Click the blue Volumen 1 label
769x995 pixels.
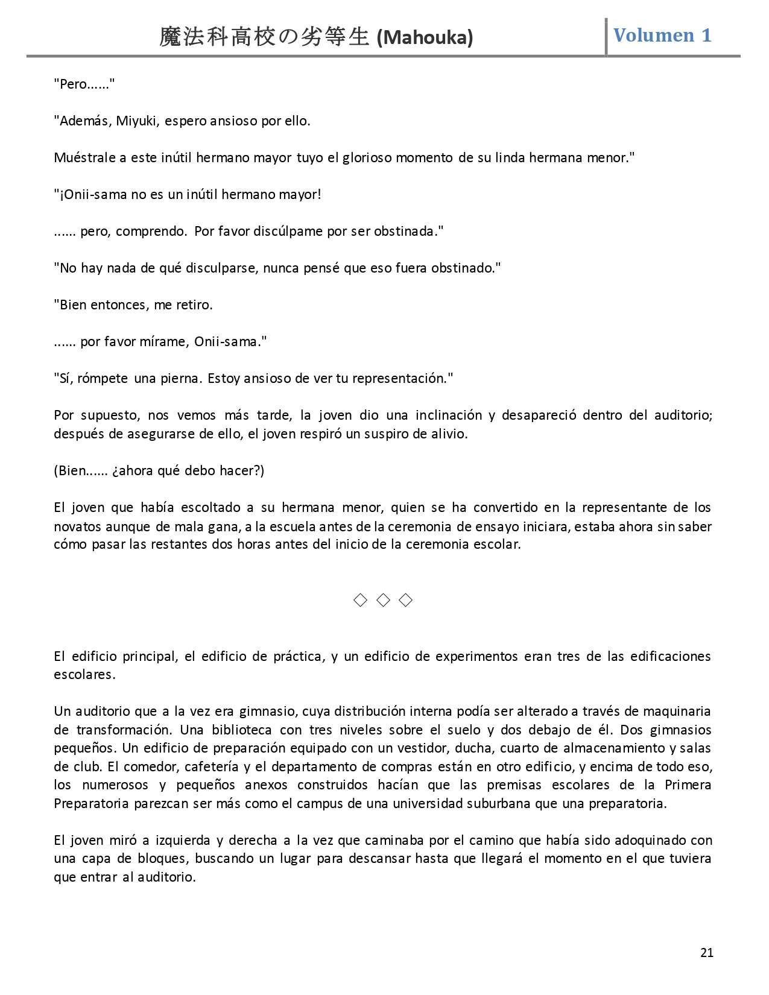click(x=662, y=36)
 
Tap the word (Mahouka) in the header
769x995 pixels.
click(x=425, y=38)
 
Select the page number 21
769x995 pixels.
click(x=707, y=953)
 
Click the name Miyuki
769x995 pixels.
click(x=137, y=121)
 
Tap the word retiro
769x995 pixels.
click(x=194, y=305)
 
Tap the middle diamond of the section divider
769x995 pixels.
click(x=383, y=600)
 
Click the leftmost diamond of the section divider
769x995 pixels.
click(x=360, y=600)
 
